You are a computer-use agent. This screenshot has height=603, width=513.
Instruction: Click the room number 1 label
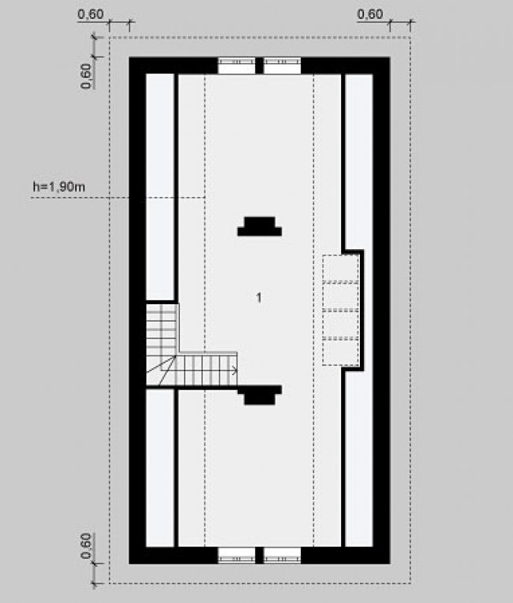pos(259,297)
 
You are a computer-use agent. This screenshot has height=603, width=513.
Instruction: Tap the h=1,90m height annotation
pos(59,187)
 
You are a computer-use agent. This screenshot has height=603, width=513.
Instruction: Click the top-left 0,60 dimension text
pos(91,14)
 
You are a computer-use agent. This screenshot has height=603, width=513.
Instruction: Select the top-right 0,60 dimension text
pos(370,14)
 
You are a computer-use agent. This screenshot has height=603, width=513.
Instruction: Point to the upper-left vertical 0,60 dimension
pos(86,76)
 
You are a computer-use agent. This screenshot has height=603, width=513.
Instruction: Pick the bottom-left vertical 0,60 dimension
pos(86,545)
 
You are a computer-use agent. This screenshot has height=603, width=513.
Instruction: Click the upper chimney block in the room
pos(260,226)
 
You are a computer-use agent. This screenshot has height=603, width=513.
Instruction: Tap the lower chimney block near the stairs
pos(260,396)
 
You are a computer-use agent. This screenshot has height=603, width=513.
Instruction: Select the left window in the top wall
pos(237,65)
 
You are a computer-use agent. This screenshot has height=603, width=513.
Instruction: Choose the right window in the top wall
pos(283,65)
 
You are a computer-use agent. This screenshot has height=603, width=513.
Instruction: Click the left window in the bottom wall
pos(237,556)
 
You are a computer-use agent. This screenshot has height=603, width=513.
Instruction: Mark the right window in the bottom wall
pos(283,556)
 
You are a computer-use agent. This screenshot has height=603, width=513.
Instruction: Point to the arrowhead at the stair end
pos(234,370)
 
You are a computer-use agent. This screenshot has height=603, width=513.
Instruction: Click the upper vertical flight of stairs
pos(162,329)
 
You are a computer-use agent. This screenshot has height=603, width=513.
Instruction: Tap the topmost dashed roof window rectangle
pos(341,269)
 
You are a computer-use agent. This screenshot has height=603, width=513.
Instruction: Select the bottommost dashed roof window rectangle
pos(341,352)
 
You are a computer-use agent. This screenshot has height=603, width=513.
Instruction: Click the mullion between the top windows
pos(260,65)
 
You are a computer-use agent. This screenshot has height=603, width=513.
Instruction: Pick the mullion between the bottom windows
pos(260,556)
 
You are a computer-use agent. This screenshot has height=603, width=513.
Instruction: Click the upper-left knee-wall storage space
pos(160,187)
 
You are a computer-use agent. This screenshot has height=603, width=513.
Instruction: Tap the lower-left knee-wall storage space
pos(160,468)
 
